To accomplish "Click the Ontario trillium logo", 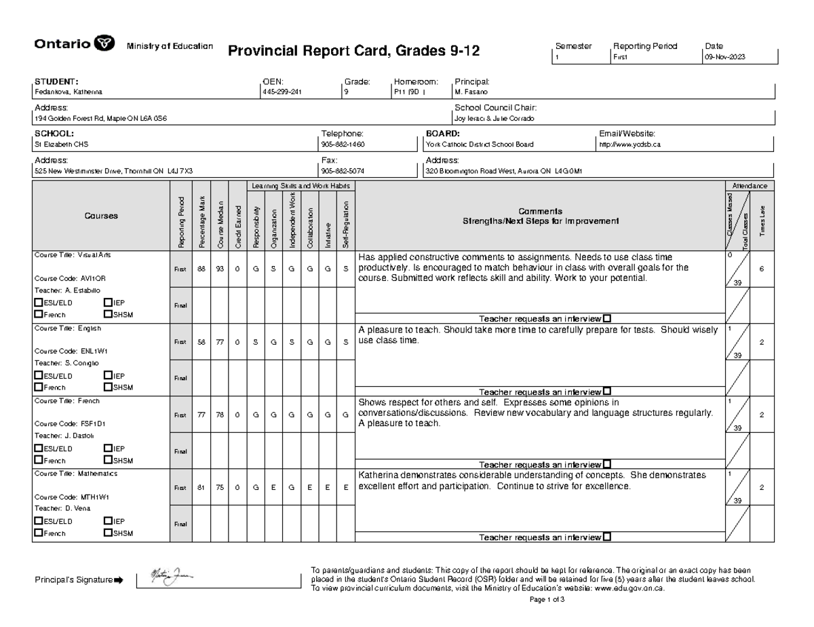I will pyautogui.click(x=106, y=45).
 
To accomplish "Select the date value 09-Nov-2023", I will pyautogui.click(x=725, y=58).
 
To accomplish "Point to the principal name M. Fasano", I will pyautogui.click(x=471, y=92).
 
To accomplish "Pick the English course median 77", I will pyautogui.click(x=220, y=342).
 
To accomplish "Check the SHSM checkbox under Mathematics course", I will pyautogui.click(x=107, y=533).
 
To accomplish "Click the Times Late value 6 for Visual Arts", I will pyautogui.click(x=762, y=269).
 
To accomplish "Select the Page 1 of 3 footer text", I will pyautogui.click(x=546, y=600).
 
